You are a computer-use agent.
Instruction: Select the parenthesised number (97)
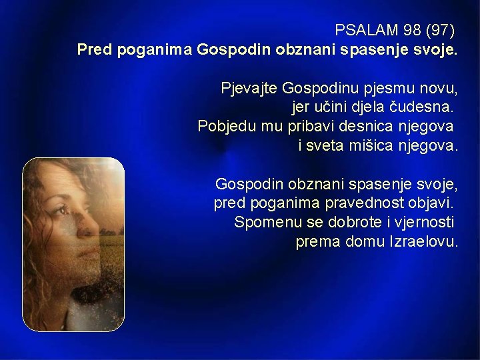[439, 31]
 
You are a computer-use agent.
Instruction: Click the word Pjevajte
[249, 88]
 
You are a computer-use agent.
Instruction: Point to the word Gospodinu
[315, 88]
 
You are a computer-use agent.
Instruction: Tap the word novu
[437, 88]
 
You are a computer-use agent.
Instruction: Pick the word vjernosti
[419, 221]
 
